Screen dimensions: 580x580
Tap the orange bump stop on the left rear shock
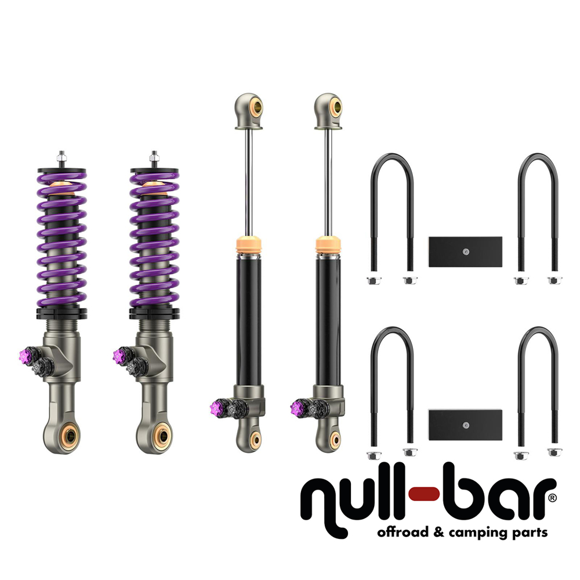(249, 244)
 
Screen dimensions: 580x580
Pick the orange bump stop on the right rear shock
(328, 244)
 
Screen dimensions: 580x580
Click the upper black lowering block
(465, 252)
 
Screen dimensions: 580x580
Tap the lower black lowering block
(465, 425)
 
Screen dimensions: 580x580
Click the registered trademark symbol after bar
(552, 498)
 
